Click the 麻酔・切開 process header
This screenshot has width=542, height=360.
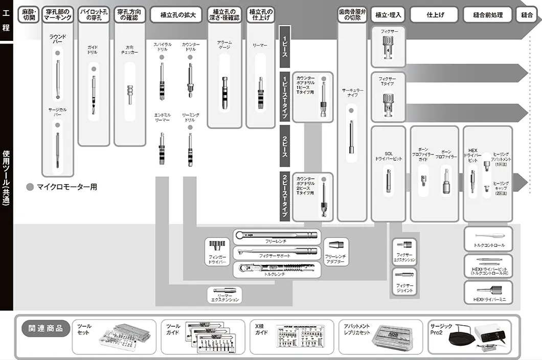[x=28, y=14]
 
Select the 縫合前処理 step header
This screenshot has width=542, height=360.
[x=487, y=15]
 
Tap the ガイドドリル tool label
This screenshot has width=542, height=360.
[x=93, y=50]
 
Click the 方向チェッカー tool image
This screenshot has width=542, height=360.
[x=129, y=92]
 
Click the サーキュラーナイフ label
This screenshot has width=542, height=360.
[x=352, y=93]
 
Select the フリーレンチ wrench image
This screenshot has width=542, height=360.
[x=277, y=236]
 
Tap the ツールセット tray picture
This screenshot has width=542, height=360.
[x=127, y=338]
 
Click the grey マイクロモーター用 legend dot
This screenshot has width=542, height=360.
[x=30, y=187]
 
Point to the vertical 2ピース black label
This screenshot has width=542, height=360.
[x=285, y=146]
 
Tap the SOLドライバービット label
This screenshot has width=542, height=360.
[x=389, y=156]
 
